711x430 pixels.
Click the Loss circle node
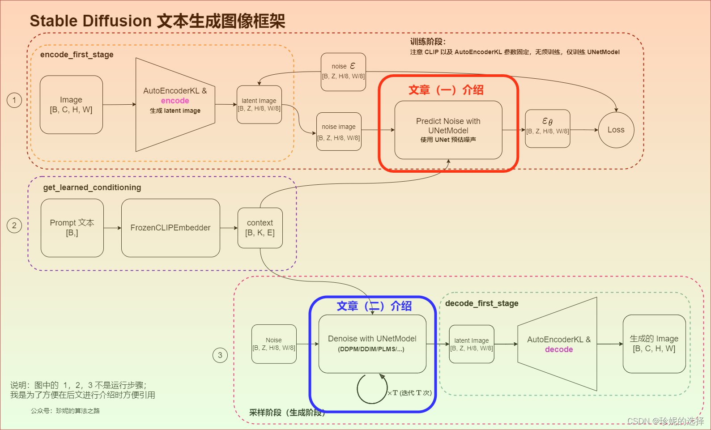pyautogui.click(x=616, y=130)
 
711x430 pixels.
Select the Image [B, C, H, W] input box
pyautogui.click(x=71, y=105)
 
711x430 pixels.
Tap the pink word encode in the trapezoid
pyautogui.click(x=175, y=101)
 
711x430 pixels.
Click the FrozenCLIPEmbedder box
pyautogui.click(x=170, y=228)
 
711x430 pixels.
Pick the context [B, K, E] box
pyautogui.click(x=260, y=228)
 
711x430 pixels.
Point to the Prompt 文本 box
pyautogui.click(x=72, y=228)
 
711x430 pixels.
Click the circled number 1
pyautogui.click(x=14, y=100)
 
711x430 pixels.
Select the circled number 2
pyautogui.click(x=14, y=225)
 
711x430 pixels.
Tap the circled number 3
pyautogui.click(x=220, y=355)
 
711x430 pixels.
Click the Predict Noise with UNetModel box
pyautogui.click(x=448, y=130)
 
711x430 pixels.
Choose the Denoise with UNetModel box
pyautogui.click(x=372, y=344)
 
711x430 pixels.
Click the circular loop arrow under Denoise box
pyautogui.click(x=372, y=388)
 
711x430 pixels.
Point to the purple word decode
pyautogui.click(x=559, y=349)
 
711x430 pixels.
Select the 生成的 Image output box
pyautogui.click(x=654, y=344)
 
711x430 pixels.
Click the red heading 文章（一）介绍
pyautogui.click(x=446, y=90)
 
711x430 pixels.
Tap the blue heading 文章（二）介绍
pyautogui.click(x=374, y=306)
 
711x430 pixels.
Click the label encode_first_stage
pyautogui.click(x=77, y=55)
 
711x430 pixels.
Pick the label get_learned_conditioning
pyautogui.click(x=92, y=187)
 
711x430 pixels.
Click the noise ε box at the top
pyautogui.click(x=343, y=72)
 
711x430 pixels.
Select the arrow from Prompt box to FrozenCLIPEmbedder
pyautogui.click(x=112, y=228)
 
